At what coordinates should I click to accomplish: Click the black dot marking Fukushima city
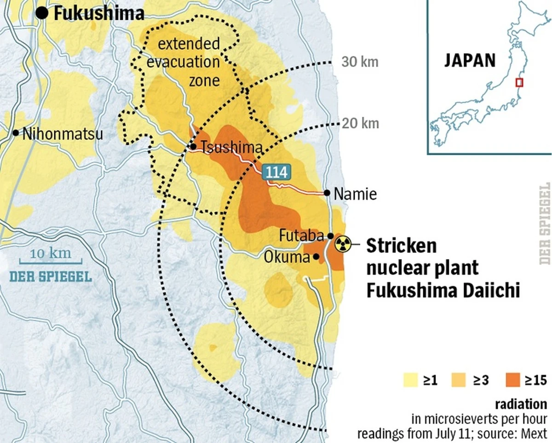tap(42, 13)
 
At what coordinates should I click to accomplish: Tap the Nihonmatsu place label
tap(63, 134)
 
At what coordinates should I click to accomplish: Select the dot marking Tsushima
tap(194, 147)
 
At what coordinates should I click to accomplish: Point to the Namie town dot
tap(327, 193)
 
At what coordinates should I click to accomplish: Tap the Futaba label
tap(301, 236)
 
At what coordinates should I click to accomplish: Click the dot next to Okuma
tap(316, 257)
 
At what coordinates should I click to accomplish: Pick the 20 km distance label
tap(361, 123)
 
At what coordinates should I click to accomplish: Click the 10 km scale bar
tap(51, 260)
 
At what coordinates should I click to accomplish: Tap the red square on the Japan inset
tap(519, 82)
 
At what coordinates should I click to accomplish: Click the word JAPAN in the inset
tap(470, 61)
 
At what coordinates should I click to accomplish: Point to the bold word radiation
tap(522, 405)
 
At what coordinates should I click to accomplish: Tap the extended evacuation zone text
tap(189, 62)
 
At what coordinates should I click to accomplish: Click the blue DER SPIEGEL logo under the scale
tap(51, 276)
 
